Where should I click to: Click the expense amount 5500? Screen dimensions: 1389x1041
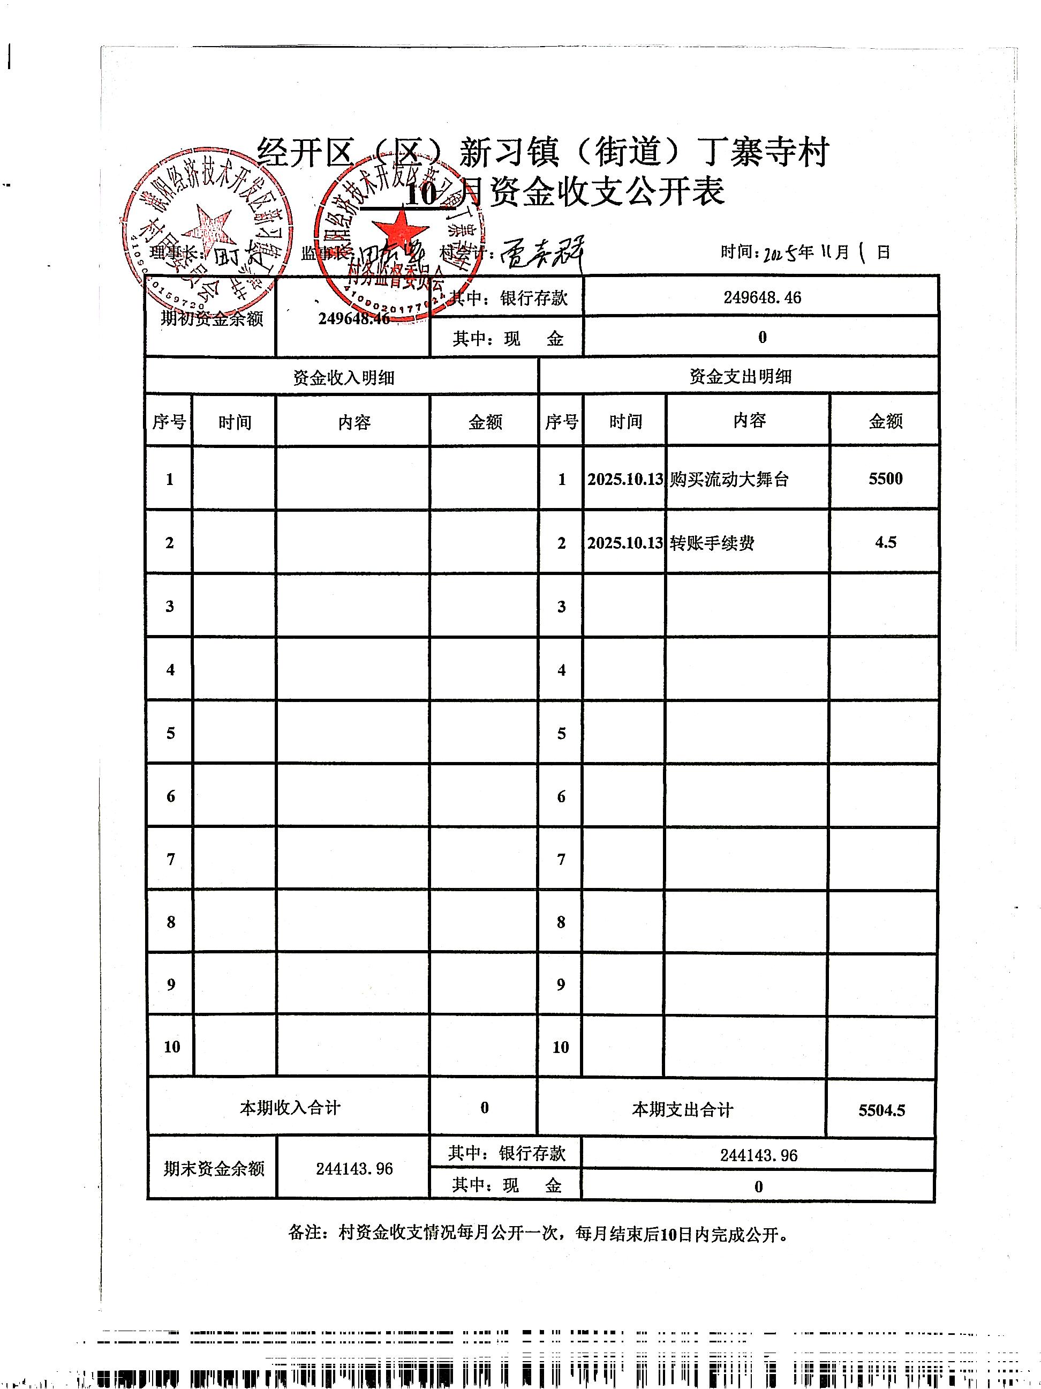885,479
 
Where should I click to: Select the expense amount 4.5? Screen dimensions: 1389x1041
885,542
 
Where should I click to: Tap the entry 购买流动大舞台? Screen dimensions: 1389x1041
728,479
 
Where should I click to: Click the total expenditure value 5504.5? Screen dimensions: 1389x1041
881,1110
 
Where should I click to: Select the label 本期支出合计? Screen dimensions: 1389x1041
682,1110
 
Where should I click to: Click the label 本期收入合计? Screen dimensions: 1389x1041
290,1107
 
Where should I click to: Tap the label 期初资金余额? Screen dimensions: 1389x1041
212,318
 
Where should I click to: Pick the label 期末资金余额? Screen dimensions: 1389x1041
214,1169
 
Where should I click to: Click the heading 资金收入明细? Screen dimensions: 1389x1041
343,377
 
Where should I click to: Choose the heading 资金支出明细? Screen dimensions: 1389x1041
740,376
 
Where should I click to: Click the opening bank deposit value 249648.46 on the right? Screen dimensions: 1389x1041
762,297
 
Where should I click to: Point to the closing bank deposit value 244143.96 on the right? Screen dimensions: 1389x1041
758,1155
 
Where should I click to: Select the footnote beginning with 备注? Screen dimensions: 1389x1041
538,1233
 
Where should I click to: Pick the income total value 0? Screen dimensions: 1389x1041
485,1108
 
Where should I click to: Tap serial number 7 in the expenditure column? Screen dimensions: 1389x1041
561,859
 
